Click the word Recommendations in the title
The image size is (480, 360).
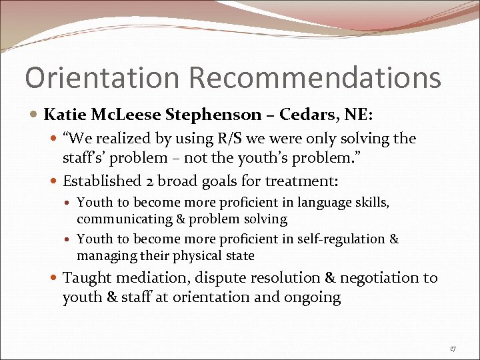coord(315,78)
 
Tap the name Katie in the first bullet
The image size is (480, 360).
coord(64,115)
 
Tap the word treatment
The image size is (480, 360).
coord(304,181)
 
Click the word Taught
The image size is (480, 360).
coord(84,278)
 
